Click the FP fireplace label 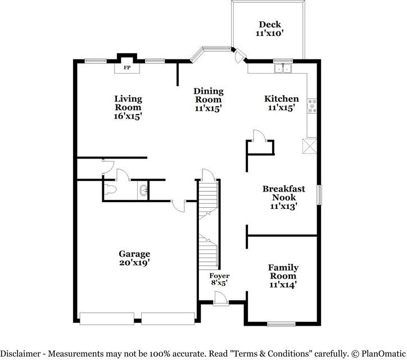tap(127, 68)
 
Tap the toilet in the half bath tap(110, 189)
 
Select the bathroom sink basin tap(143, 190)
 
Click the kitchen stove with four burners tap(312, 106)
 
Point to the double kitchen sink tap(283, 68)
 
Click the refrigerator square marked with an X tap(310, 146)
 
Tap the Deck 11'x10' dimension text tap(269, 33)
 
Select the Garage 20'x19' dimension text tap(135, 262)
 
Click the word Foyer tap(219, 276)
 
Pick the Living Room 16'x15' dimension tap(128, 116)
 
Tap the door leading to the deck tap(239, 55)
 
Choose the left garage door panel tap(107, 319)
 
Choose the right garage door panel tap(168, 319)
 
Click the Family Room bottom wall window tap(282, 324)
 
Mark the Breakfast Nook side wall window tap(319, 195)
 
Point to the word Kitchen tap(282, 99)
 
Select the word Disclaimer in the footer tap(21, 353)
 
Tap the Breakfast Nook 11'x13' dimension tap(283, 206)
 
